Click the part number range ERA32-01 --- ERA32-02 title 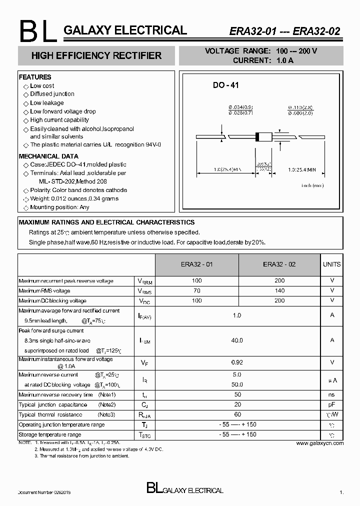(x=285, y=31)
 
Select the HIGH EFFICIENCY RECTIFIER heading (x=96, y=55)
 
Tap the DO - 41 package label (x=226, y=85)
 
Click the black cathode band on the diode (x=257, y=135)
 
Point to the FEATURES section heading (x=35, y=77)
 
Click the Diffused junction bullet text (x=52, y=94)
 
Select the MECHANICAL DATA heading (x=48, y=156)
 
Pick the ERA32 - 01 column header (x=197, y=264)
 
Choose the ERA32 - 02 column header (x=279, y=264)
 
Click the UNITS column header (x=332, y=264)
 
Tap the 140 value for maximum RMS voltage (x=279, y=291)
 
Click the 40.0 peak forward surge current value (x=237, y=340)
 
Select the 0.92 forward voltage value (x=237, y=362)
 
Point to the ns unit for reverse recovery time (x=332, y=395)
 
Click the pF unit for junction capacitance (x=332, y=405)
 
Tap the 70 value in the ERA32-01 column (x=197, y=291)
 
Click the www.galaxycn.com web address (x=319, y=443)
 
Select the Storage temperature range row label (x=49, y=434)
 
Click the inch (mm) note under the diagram (x=312, y=185)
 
